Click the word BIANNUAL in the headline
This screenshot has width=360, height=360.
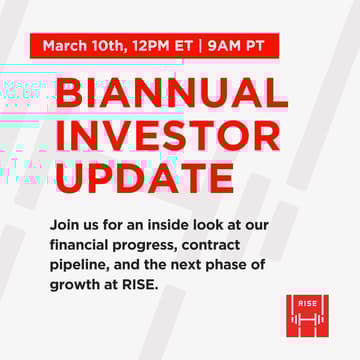[x=171, y=93]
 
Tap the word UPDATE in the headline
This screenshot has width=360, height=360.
[x=147, y=177]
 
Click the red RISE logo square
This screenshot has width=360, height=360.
[x=306, y=315]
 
